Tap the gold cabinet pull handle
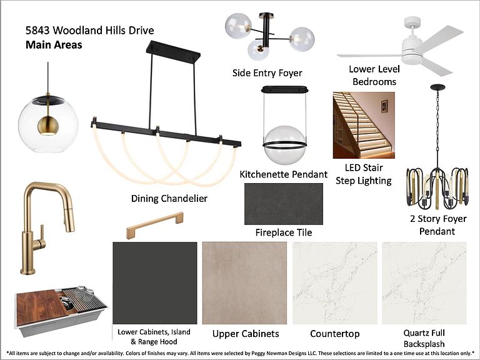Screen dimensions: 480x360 click(155, 225)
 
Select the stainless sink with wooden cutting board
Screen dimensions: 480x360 click(61, 310)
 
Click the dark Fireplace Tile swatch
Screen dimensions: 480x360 click(284, 204)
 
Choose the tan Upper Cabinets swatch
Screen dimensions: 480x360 click(244, 283)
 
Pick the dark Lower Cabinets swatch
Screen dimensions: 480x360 click(155, 283)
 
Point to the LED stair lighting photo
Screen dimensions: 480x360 click(364, 125)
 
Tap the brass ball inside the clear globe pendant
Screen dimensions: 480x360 click(47, 126)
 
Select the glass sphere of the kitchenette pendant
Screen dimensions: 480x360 click(285, 145)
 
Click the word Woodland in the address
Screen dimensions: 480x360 click(77, 30)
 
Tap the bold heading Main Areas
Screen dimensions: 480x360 click(54, 45)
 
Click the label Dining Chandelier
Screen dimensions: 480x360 click(169, 198)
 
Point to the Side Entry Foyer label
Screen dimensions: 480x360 click(267, 73)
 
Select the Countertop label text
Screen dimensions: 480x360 click(335, 334)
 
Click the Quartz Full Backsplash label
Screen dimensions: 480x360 click(424, 338)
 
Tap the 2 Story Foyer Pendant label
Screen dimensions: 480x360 click(437, 225)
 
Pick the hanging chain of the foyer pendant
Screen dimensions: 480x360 click(437, 129)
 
